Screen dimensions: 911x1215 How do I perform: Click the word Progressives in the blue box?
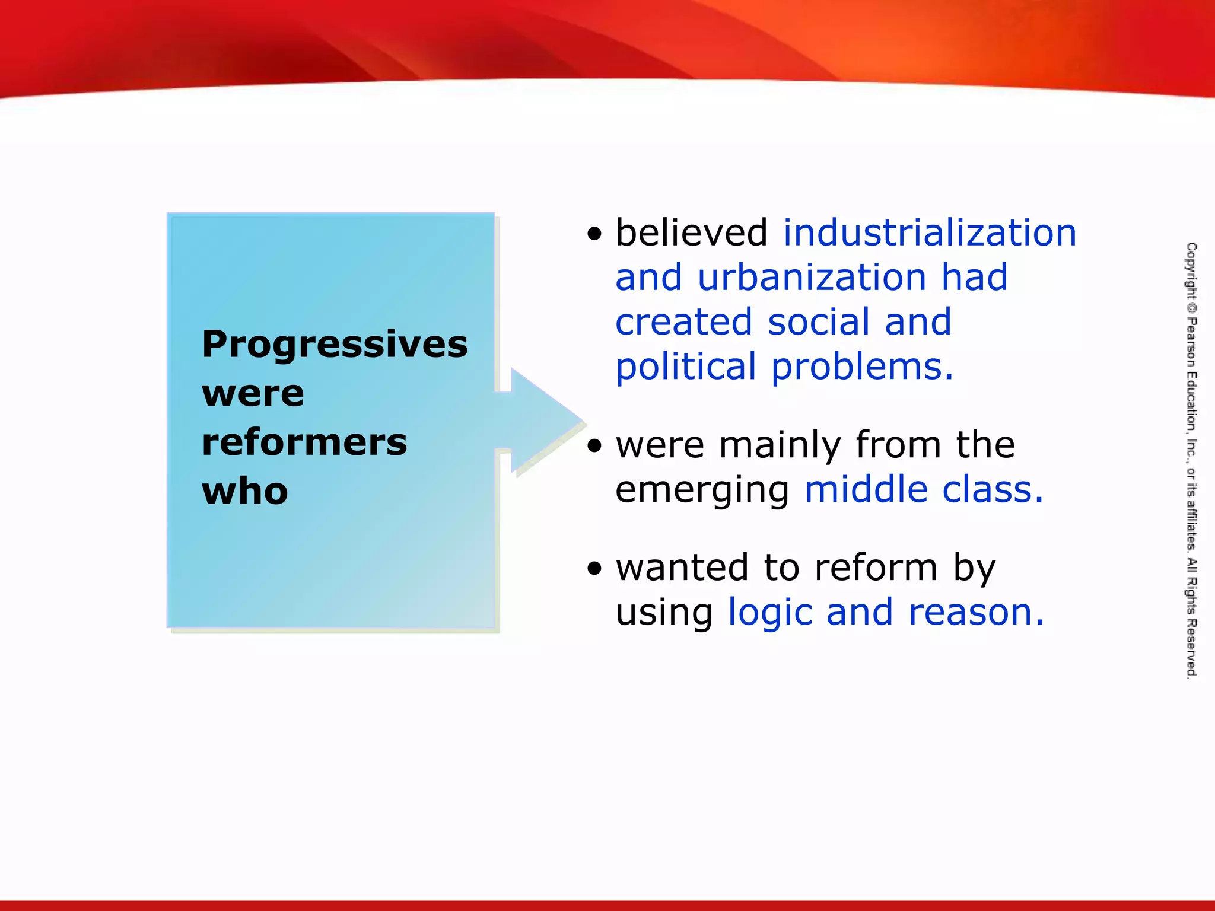(335, 344)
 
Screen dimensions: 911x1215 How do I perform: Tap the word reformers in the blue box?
(304, 442)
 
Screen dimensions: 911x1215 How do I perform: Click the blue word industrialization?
(930, 232)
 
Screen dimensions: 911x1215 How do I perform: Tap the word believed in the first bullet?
(692, 232)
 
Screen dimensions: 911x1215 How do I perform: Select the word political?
(686, 367)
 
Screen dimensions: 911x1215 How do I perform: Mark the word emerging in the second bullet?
(702, 491)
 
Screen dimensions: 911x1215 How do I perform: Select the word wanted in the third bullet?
(682, 568)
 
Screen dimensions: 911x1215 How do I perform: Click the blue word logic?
(769, 613)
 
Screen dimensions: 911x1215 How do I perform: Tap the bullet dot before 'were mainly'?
(594, 446)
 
